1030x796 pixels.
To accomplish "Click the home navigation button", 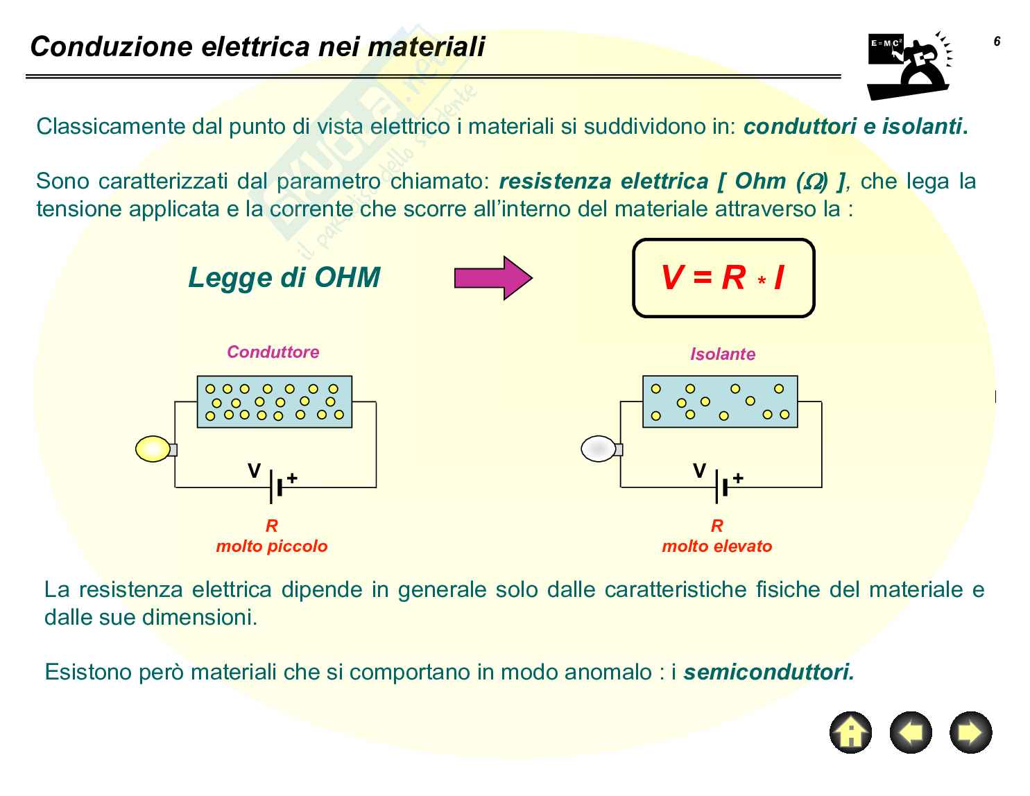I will pos(850,732).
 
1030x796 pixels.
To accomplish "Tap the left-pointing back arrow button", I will pos(911,732).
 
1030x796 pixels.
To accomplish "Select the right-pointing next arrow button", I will pos(970,732).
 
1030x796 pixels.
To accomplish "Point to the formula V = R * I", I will pos(723,278).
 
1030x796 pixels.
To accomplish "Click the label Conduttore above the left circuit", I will pos(273,352).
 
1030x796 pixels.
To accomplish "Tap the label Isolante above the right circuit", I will pos(722,354).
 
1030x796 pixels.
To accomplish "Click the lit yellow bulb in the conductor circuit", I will pos(153,449).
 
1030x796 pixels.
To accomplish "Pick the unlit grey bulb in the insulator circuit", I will pos(599,449).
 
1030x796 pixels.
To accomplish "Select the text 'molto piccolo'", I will pos(272,546).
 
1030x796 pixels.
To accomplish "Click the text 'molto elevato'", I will pos(716,546).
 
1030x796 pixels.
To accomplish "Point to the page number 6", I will pos(997,42).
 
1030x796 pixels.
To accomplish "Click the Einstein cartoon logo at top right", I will pos(909,66).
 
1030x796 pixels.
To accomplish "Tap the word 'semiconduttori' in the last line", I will pos(768,672).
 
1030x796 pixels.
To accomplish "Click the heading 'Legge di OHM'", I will pos(284,277).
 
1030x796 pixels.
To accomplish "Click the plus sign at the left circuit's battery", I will pos(293,478).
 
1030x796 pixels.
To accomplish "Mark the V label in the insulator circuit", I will pos(699,471).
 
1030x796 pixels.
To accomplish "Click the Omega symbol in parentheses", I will pos(813,182).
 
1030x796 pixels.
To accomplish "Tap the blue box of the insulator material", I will pos(720,401).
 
